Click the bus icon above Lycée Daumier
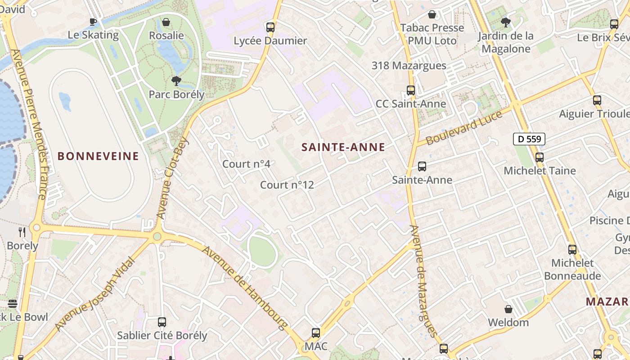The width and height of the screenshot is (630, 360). (270, 27)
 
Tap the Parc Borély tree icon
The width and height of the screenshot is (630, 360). (176, 81)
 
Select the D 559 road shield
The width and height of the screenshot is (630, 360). (529, 139)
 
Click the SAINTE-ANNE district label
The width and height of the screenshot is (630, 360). (343, 147)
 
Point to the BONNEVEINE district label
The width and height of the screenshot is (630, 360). (98, 156)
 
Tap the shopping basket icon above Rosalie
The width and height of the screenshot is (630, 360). (166, 22)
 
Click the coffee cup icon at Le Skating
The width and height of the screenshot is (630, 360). (93, 21)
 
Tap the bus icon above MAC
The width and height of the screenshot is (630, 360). (316, 333)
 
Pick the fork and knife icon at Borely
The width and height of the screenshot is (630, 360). (22, 232)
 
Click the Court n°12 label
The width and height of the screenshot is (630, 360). (287, 185)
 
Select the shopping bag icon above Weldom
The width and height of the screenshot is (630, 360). (508, 309)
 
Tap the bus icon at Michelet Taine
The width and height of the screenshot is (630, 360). (539, 157)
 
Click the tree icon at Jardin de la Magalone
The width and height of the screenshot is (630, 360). (506, 22)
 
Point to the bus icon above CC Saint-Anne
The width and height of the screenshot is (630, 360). (410, 90)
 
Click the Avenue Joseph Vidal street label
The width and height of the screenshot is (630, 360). (95, 293)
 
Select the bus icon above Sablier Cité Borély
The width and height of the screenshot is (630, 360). (162, 322)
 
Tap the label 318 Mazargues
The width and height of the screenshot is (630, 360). (409, 66)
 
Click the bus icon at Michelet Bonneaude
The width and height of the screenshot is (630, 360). (572, 249)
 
